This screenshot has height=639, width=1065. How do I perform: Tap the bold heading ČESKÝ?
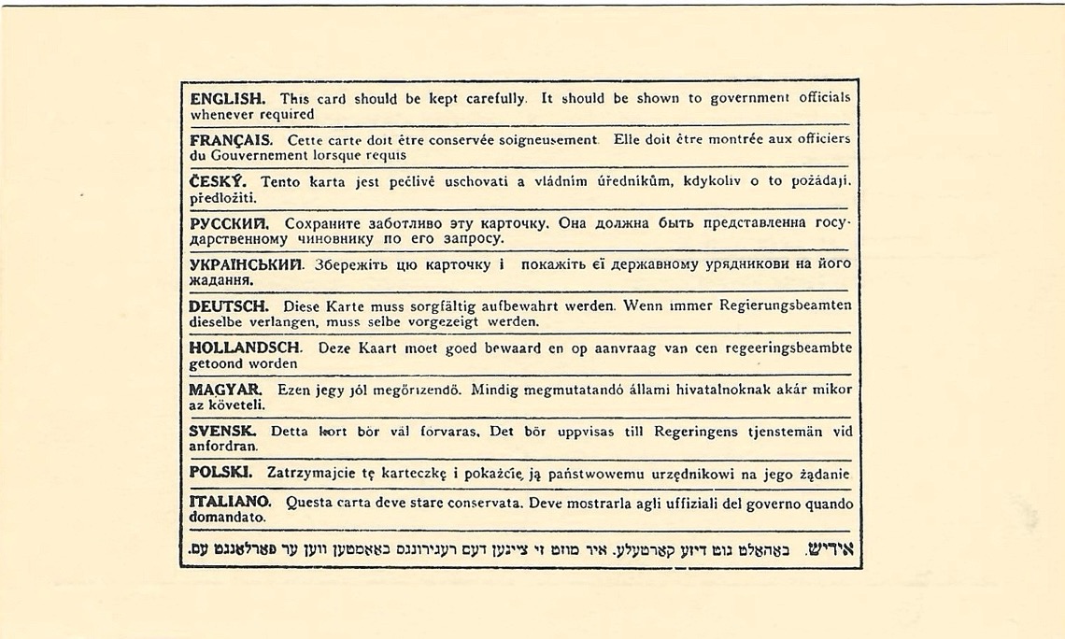pos(218,181)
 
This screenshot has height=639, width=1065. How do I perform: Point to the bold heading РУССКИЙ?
pos(229,223)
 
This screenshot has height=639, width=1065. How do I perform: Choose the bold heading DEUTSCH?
pos(229,305)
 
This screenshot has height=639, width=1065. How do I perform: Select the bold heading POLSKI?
pos(220,473)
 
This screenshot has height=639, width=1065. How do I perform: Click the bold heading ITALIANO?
pos(230,503)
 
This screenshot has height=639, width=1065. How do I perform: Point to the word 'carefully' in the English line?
pos(489,98)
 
